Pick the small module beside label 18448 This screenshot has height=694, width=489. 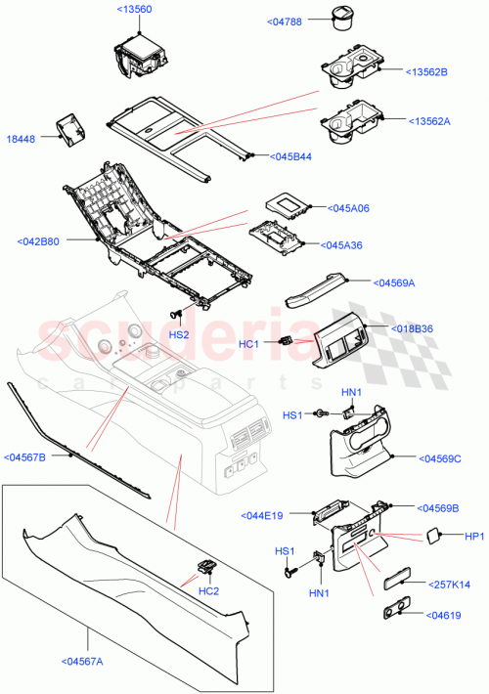(70, 128)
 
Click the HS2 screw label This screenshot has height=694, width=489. (178, 334)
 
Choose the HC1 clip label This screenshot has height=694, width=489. (248, 344)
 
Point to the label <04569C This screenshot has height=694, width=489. (440, 457)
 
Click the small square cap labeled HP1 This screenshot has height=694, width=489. (430, 535)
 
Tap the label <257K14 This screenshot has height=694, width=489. (449, 584)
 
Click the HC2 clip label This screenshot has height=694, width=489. (206, 590)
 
